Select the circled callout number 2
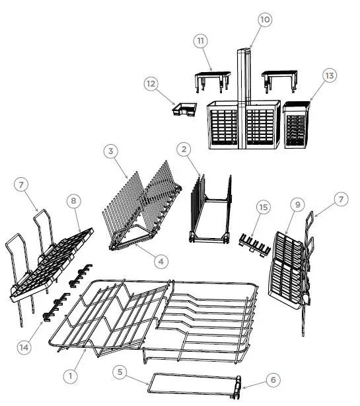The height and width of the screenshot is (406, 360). pos(184,149)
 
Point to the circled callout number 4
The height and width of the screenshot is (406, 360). pos(161,261)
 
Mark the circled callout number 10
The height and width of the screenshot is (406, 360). pos(264,20)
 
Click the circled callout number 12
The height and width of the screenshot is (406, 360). pos(151,83)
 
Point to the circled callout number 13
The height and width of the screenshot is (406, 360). pos(328,75)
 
